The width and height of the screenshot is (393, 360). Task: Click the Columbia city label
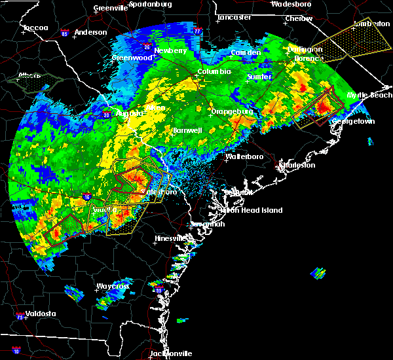[214, 71]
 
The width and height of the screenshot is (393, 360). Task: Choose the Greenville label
[110, 8]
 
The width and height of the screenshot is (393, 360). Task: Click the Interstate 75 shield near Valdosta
[21, 317]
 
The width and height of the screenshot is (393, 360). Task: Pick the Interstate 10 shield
[16, 351]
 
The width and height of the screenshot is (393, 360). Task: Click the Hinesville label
[171, 238]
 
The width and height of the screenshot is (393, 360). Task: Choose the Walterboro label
[244, 157]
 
